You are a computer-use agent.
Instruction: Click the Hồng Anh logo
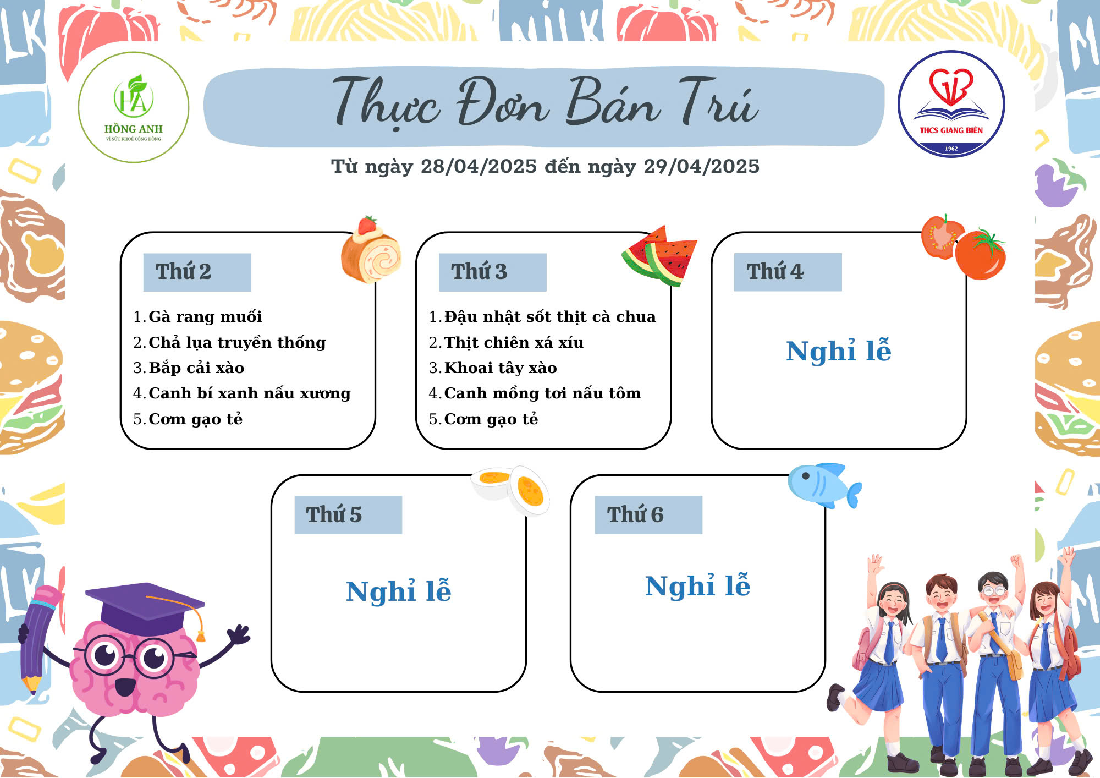pyautogui.click(x=134, y=107)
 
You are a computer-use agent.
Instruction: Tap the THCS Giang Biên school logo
pyautogui.click(x=952, y=104)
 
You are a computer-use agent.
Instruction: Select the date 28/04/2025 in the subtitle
pyautogui.click(x=479, y=166)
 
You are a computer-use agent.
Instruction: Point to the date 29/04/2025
pyautogui.click(x=701, y=166)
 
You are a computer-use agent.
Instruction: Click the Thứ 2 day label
pyautogui.click(x=183, y=272)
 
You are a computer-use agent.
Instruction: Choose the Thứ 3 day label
pyautogui.click(x=479, y=272)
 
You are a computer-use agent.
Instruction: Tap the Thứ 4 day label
pyautogui.click(x=775, y=272)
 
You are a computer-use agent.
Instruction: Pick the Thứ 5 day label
pyautogui.click(x=334, y=515)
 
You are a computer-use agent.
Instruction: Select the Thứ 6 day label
pyautogui.click(x=635, y=515)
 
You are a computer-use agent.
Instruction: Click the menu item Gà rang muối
pyautogui.click(x=205, y=317)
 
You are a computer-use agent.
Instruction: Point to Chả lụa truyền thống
pyautogui.click(x=237, y=342)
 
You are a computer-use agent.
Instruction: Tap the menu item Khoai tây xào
pyautogui.click(x=501, y=368)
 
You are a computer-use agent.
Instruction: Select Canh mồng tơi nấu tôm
pyautogui.click(x=542, y=393)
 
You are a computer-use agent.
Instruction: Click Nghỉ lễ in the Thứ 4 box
pyautogui.click(x=839, y=352)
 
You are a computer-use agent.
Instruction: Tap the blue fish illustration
pyautogui.click(x=824, y=485)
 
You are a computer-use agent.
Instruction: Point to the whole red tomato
pyautogui.click(x=981, y=255)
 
